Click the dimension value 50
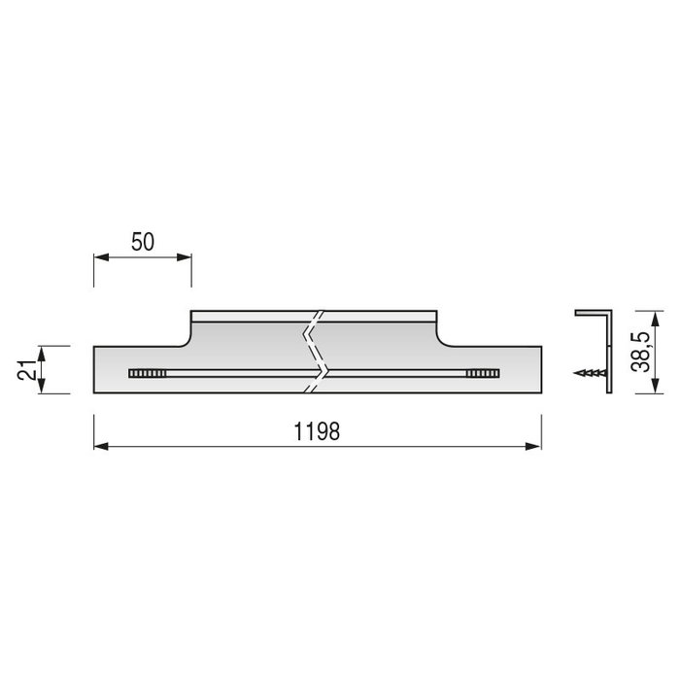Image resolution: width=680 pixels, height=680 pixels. (143, 242)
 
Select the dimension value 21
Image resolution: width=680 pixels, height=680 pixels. (27, 369)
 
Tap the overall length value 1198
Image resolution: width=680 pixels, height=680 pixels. (317, 432)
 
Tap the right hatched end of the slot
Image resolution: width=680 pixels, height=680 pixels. (481, 372)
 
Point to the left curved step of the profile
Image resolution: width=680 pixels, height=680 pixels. (186, 335)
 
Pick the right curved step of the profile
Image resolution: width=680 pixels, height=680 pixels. (442, 335)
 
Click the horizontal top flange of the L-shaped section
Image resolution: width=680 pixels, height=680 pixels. (592, 313)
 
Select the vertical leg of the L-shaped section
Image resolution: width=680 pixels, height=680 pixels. (609, 355)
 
